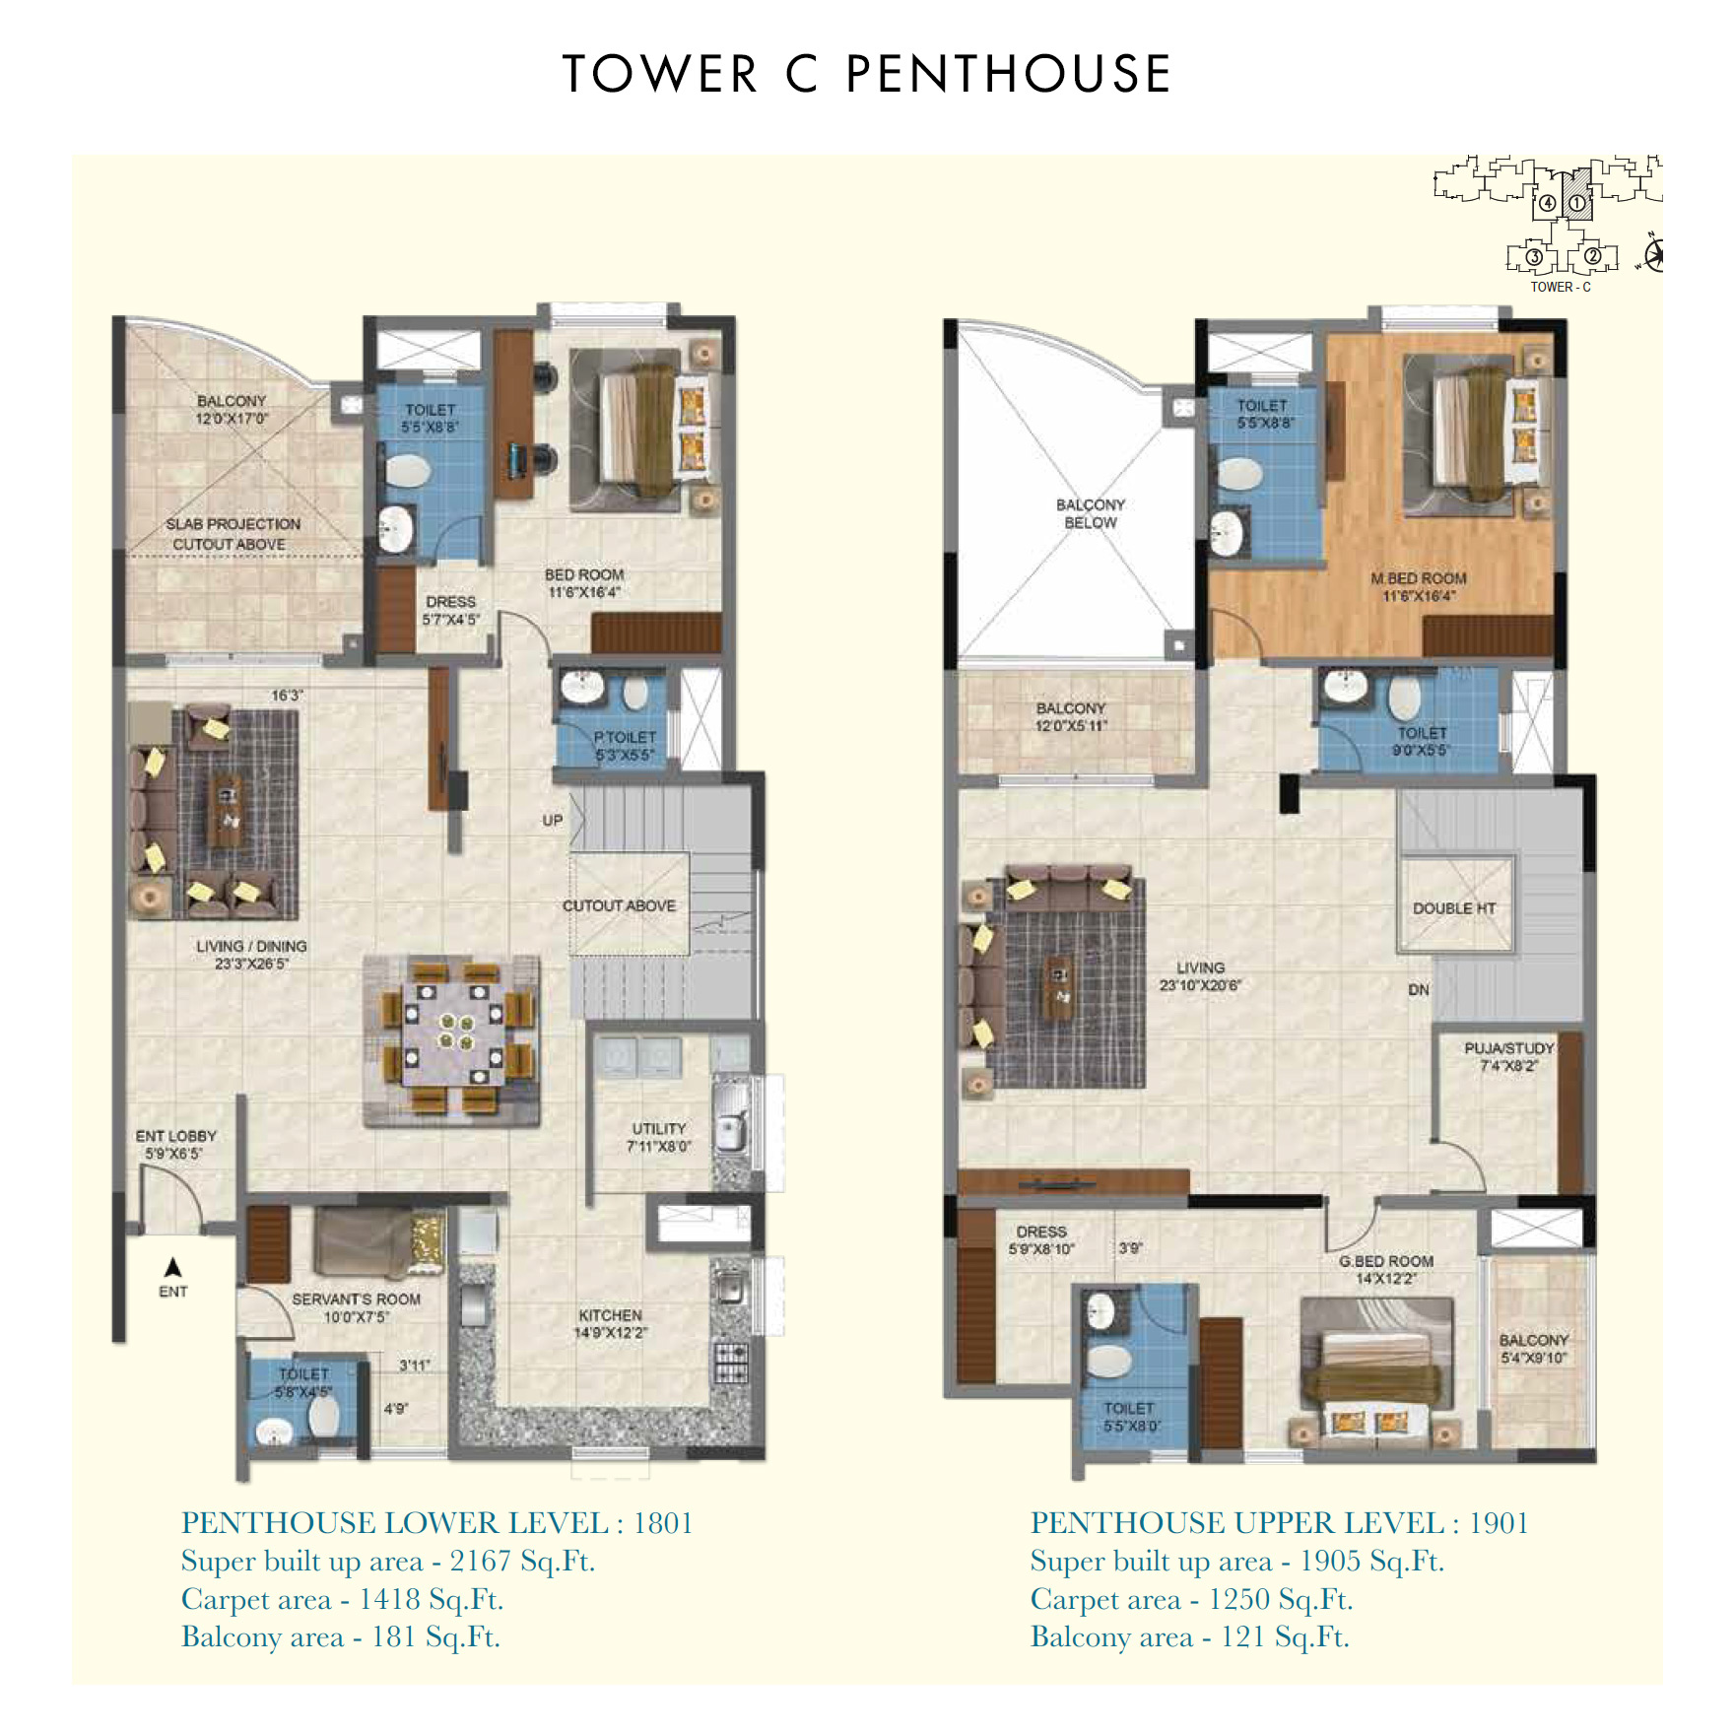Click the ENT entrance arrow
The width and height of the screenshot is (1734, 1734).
(x=172, y=1267)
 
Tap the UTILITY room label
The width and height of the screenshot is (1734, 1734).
(x=659, y=1128)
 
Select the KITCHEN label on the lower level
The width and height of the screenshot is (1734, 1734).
(x=610, y=1315)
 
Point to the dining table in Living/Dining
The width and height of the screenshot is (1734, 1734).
(x=453, y=1034)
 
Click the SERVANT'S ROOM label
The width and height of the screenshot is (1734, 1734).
(x=356, y=1300)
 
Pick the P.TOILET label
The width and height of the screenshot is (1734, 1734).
(x=625, y=737)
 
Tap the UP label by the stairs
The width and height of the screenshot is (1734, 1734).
(x=553, y=820)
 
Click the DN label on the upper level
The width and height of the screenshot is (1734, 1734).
(x=1419, y=989)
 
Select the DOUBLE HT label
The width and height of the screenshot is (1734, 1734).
(x=1454, y=908)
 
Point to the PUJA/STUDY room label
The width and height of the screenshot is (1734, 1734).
(x=1509, y=1048)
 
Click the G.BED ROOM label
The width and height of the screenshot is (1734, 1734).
(x=1386, y=1261)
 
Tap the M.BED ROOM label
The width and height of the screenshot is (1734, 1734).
(x=1419, y=578)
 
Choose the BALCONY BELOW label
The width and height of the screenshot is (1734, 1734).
(x=1091, y=513)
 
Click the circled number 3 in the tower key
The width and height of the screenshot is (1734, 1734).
(x=1534, y=258)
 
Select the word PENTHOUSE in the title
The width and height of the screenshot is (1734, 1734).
(x=1009, y=74)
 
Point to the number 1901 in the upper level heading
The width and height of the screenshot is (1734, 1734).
(x=1499, y=1523)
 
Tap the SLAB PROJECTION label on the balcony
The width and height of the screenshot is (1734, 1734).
(x=233, y=524)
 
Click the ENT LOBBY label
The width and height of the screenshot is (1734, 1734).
(x=176, y=1136)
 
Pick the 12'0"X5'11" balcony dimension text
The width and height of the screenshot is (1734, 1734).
(x=1071, y=726)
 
